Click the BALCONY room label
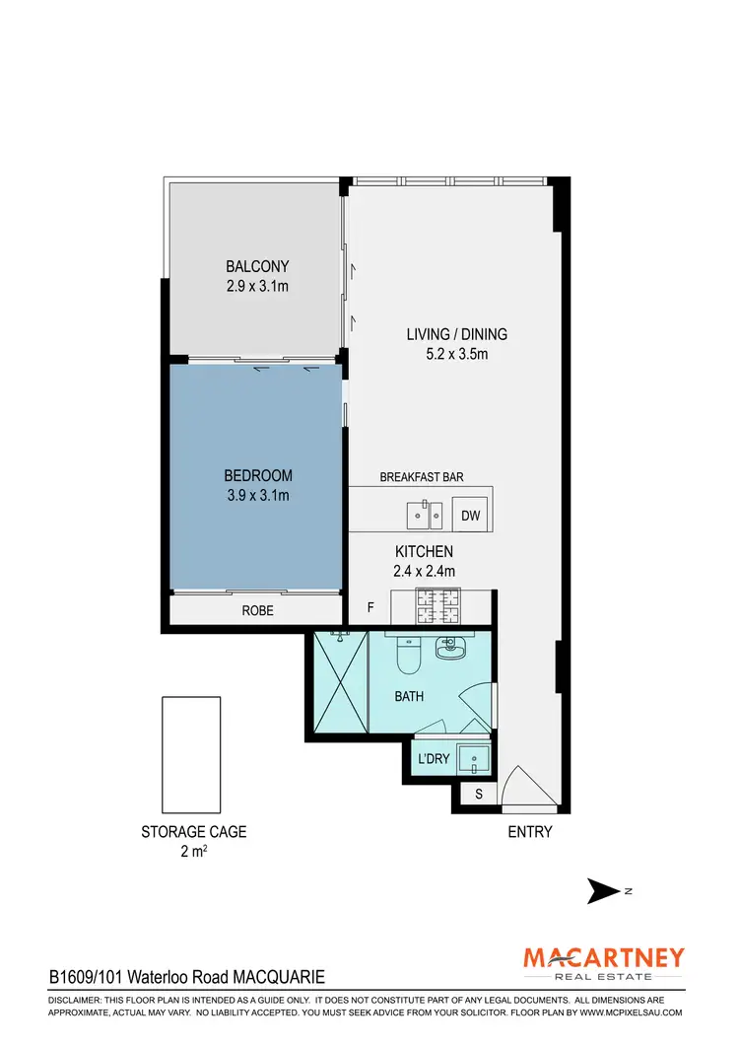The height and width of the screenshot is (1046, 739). [x=257, y=266]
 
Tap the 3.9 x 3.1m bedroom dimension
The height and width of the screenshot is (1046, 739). [x=257, y=495]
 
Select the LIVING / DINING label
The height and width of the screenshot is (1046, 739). [x=456, y=334]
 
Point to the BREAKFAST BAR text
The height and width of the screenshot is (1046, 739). [x=422, y=477]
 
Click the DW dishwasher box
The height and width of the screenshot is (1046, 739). [x=471, y=515]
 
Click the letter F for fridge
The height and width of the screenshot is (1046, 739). [x=370, y=607]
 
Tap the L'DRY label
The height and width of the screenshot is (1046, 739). [x=434, y=759]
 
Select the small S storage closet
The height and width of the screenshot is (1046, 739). [x=479, y=794]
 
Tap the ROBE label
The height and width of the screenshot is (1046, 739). [x=257, y=611]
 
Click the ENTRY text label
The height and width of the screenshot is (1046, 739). [x=530, y=832]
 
